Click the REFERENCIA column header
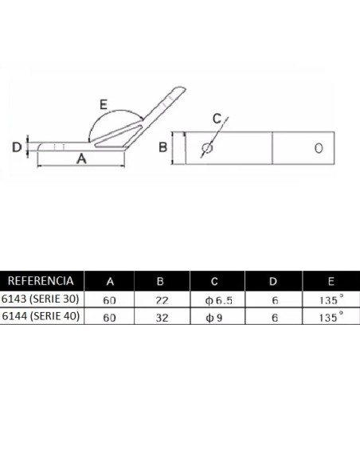(41, 280)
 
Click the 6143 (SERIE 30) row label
(41, 299)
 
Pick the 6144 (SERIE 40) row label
(41, 316)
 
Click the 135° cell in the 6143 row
(331, 299)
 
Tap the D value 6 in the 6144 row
(274, 316)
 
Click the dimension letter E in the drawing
(104, 104)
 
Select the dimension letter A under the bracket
(80, 159)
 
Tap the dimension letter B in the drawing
(162, 147)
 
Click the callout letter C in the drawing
(217, 119)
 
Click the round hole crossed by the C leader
(208, 147)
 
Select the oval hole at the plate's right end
(319, 148)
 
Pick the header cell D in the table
(274, 280)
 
